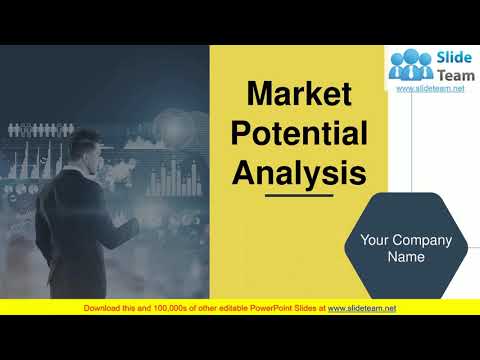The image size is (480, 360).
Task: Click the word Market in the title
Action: tap(299, 95)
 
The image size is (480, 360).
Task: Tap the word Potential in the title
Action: tap(299, 134)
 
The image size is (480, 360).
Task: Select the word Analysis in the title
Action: tap(299, 172)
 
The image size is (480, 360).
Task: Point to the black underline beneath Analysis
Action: tap(298, 196)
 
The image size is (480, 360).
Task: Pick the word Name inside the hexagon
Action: tap(406, 257)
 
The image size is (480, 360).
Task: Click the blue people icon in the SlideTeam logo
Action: tap(411, 66)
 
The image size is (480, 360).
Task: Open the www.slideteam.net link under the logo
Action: tap(431, 89)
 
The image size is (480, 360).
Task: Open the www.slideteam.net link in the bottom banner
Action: tap(362, 308)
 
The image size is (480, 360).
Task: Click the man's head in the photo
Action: tap(89, 151)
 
